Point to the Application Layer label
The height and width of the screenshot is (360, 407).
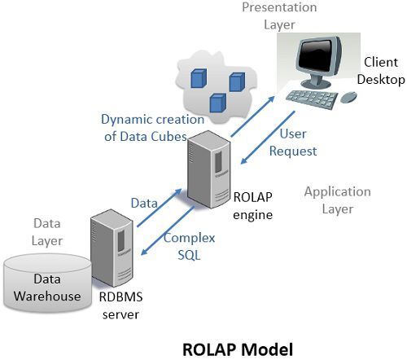point(337,200)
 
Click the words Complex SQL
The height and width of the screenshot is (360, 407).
point(189,246)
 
